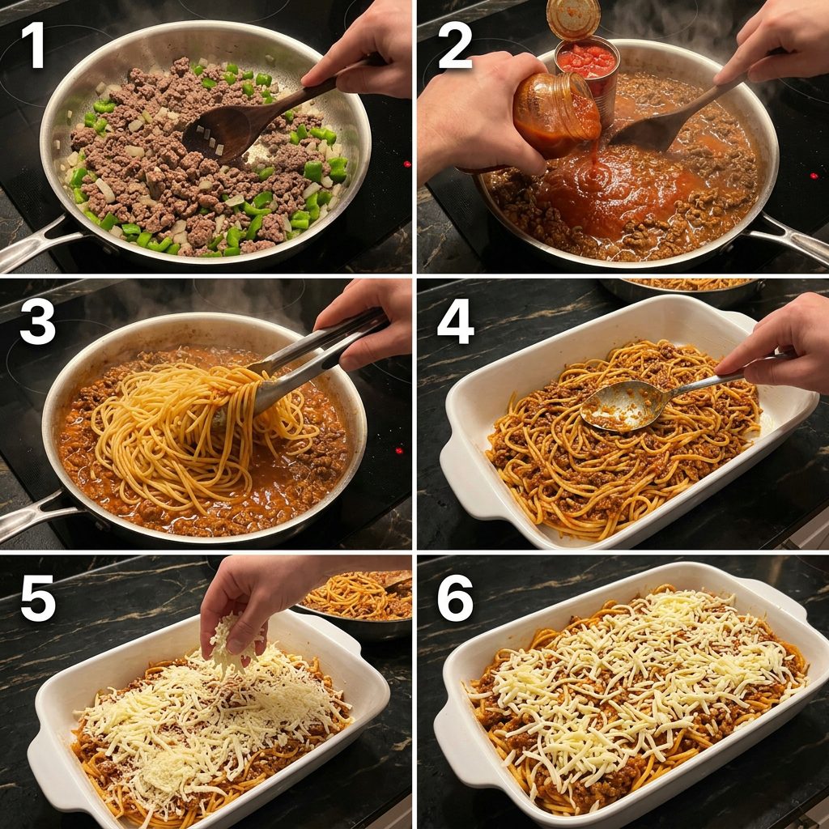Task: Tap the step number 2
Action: coord(455,45)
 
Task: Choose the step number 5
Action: coord(37,598)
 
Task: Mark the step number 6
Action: coord(455,598)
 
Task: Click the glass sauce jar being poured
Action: coord(555,117)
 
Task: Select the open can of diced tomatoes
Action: coord(588,74)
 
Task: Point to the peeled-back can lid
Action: coord(573,19)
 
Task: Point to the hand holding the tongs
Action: coord(365,322)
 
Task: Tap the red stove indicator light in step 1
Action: coord(406,164)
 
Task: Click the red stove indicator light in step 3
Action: coord(398,451)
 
